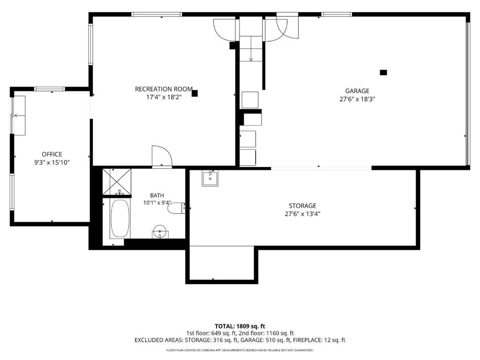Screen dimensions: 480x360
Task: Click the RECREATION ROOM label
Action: point(164,89)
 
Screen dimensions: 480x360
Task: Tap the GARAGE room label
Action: point(357,91)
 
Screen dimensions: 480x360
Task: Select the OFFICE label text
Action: point(52,154)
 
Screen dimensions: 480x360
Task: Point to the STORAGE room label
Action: point(302,206)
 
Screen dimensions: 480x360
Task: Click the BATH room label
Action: point(157,195)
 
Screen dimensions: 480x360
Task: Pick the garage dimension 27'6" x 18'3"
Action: point(357,99)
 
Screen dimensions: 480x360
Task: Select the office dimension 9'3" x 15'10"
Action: point(52,163)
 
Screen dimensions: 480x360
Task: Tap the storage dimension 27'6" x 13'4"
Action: point(302,214)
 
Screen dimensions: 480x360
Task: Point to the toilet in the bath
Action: point(177,208)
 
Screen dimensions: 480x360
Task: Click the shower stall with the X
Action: point(117,181)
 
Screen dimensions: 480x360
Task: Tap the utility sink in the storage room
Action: point(210,178)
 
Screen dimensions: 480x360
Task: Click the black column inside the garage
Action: point(383,73)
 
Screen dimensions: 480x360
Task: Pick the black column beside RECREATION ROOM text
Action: point(195,93)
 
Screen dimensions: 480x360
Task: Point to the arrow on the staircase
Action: point(251,48)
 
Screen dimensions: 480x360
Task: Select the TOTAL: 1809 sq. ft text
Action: point(240,326)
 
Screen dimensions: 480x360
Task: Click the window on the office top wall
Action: point(50,89)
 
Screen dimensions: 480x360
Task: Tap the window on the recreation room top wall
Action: point(157,14)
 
